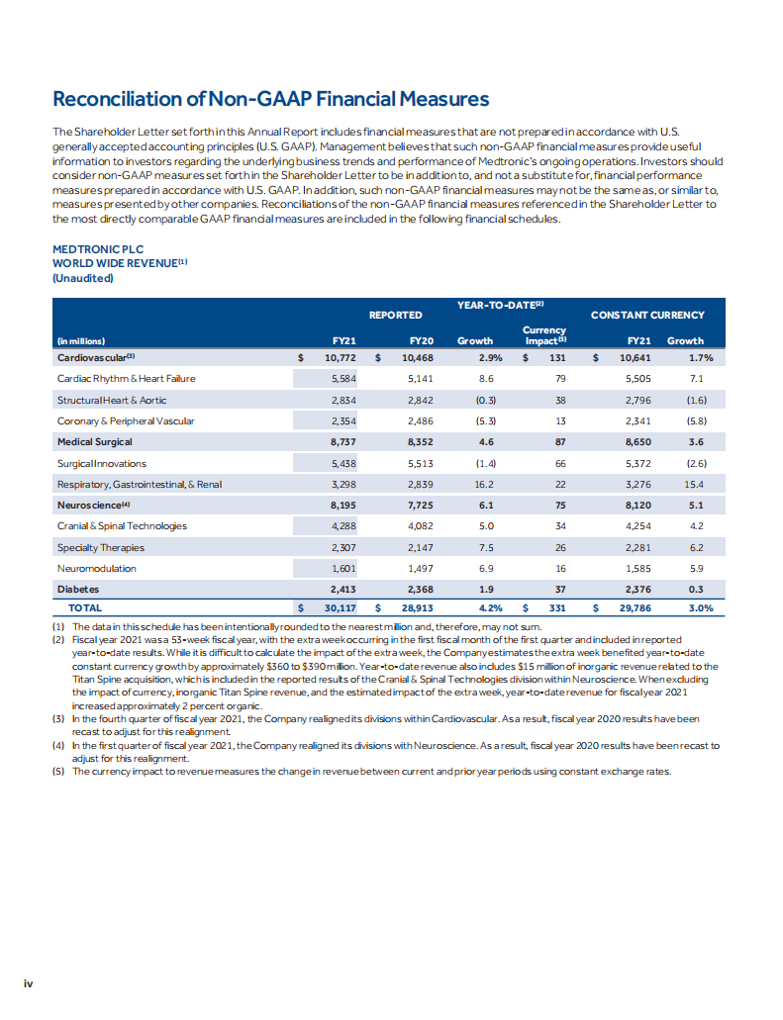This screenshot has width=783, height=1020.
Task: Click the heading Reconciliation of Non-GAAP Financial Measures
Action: coord(270,99)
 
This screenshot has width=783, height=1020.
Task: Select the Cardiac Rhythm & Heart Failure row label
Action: coord(126,378)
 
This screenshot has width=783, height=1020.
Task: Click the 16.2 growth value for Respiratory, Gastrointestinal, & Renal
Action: coord(485,484)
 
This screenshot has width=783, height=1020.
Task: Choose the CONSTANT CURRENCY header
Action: coord(647,315)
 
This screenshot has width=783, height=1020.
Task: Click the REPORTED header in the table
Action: coord(395,315)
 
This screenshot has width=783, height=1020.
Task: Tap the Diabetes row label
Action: coord(78,590)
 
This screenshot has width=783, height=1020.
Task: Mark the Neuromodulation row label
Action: coord(96,569)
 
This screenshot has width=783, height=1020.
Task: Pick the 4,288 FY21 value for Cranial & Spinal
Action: coord(343,526)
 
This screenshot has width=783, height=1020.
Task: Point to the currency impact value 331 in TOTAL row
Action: coord(557,608)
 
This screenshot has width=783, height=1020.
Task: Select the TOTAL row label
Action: coord(84,608)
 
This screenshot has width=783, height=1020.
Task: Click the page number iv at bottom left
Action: coord(30,982)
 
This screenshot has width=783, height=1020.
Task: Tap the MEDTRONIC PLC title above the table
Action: coord(97,251)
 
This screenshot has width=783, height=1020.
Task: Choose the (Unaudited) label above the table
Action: coord(82,278)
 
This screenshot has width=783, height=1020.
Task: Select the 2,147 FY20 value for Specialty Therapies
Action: coord(421,547)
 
